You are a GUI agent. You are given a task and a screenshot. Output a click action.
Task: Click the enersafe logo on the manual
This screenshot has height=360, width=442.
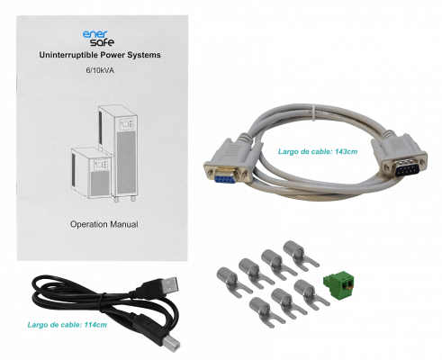tap(98, 39)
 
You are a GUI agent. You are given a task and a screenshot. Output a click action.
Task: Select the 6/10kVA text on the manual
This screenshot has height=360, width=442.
tap(100, 70)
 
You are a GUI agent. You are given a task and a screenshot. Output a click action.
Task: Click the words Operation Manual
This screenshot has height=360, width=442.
tap(104, 224)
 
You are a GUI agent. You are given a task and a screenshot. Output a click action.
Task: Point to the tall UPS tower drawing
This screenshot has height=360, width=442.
tap(119, 151)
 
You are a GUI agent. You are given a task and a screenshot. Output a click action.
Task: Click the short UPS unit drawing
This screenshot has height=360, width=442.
tap(91, 173)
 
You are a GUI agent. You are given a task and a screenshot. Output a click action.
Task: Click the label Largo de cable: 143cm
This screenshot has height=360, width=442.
tap(318, 151)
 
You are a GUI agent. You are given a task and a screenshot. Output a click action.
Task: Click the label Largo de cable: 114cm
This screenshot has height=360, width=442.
tap(68, 325)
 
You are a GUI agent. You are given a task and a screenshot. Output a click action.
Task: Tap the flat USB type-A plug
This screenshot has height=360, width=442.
tap(165, 287)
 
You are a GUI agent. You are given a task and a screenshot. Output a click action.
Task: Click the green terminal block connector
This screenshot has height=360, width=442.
tap(338, 284)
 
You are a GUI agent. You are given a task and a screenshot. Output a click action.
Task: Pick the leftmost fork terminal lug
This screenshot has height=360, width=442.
tap(233, 282)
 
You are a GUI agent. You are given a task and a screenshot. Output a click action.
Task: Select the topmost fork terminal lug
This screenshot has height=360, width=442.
tap(300, 255)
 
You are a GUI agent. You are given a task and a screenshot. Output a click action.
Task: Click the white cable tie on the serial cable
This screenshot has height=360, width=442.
tap(313, 112)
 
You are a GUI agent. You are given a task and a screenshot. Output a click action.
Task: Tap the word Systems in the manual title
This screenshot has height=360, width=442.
tap(144, 56)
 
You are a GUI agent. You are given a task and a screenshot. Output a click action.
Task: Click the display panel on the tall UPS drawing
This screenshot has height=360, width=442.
tap(126, 124)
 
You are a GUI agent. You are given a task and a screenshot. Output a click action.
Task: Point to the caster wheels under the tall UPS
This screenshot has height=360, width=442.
tap(124, 198)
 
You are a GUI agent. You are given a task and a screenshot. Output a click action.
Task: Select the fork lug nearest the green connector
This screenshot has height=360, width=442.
tap(311, 294)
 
